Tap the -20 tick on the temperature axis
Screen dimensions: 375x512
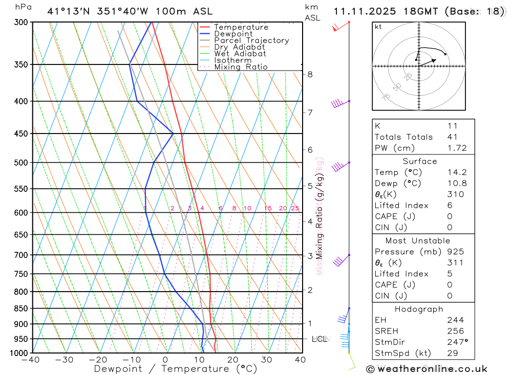[x=98, y=360]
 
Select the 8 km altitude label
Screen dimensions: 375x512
[x=310, y=74]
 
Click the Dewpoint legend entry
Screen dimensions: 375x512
[x=233, y=34]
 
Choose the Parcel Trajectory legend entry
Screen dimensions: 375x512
[x=251, y=40]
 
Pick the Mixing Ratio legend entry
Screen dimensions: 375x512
[x=241, y=67]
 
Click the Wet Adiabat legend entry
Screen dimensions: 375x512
[x=240, y=54]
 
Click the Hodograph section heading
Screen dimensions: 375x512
[x=419, y=309]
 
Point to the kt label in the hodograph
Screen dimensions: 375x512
[x=378, y=27]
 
